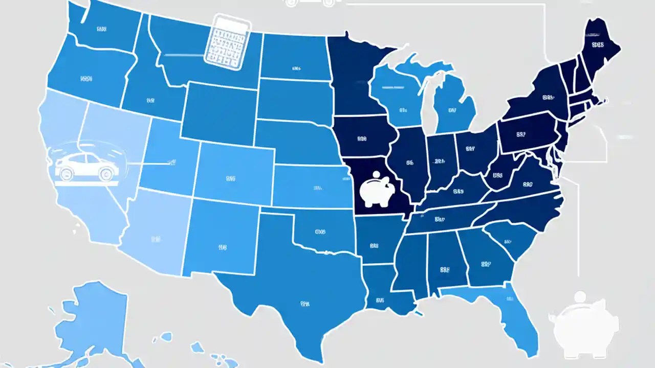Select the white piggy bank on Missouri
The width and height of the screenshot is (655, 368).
click(x=378, y=192)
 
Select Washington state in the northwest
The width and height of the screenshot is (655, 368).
click(x=102, y=28)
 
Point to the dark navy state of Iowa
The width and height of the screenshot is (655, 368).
click(x=363, y=138)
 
